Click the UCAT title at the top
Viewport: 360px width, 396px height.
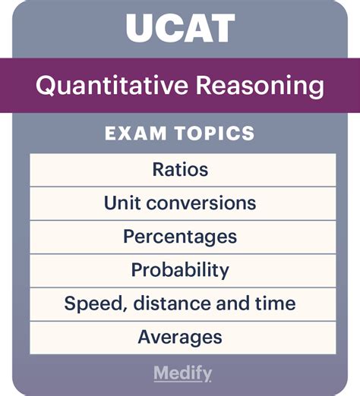point(181,28)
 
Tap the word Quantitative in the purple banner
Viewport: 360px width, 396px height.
point(112,86)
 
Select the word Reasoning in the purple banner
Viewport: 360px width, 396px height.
point(260,86)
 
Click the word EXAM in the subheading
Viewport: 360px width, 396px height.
point(135,133)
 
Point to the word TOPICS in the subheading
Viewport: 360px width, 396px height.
point(215,133)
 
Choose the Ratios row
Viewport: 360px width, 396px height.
point(180,169)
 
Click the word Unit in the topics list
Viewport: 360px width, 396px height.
point(122,203)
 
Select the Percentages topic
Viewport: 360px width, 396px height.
point(180,237)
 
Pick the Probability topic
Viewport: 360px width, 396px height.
point(180,271)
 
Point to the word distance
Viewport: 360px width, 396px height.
point(172,303)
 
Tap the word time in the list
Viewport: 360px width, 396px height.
point(275,303)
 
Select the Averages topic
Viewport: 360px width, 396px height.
point(180,338)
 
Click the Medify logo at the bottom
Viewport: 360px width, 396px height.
point(182,373)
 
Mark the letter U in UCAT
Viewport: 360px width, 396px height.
point(140,28)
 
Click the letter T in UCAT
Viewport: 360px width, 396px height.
point(222,28)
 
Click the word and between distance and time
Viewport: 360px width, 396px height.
point(232,303)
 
